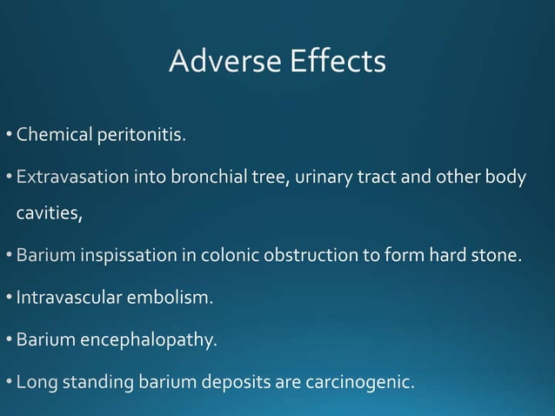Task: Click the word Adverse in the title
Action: coord(221,62)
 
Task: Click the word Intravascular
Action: coord(70,299)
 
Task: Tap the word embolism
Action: coord(171,299)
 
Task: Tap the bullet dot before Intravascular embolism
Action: coord(9,299)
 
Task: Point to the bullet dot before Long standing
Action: coord(9,382)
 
